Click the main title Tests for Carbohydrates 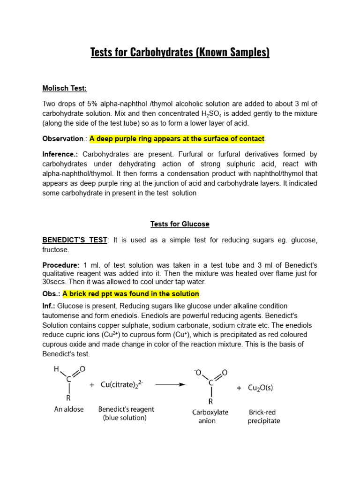tap(180, 52)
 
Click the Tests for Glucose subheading tap(180, 224)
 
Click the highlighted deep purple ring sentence tap(177, 139)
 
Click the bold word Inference tap(60, 154)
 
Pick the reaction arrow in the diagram tap(169, 384)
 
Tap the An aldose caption tap(69, 409)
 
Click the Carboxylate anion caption tap(210, 417)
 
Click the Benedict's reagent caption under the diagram tap(126, 413)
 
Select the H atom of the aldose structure tap(57, 369)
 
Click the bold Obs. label tap(52, 294)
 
